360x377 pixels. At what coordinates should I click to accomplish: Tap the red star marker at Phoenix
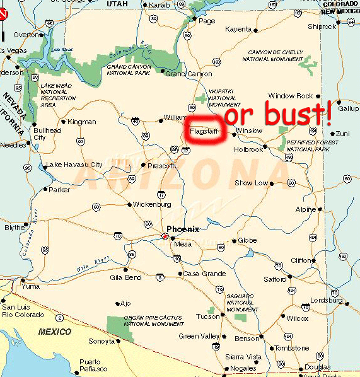(x=165, y=236)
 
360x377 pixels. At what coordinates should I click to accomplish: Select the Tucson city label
(x=207, y=316)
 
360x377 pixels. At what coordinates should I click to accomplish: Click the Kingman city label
(x=82, y=122)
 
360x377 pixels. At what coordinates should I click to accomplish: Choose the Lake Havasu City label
(x=74, y=165)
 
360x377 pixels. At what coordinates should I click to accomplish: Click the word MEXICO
(x=55, y=331)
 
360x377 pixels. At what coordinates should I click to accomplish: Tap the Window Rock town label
(x=290, y=96)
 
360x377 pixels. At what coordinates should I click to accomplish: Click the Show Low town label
(x=251, y=183)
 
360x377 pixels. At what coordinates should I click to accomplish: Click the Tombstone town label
(x=292, y=348)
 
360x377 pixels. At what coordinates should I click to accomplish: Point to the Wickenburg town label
(x=152, y=204)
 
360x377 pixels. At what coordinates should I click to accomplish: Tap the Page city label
(x=207, y=21)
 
